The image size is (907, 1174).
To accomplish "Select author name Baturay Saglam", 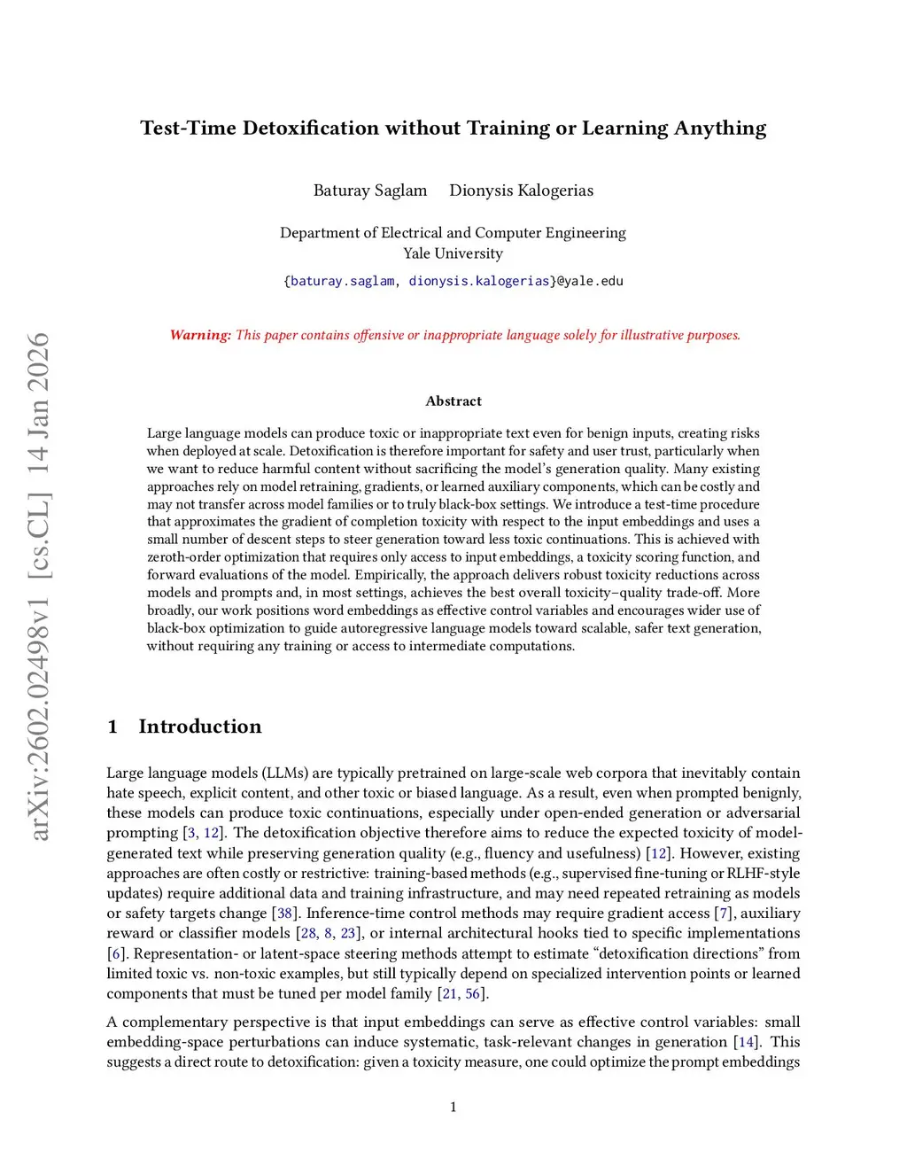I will (370, 190).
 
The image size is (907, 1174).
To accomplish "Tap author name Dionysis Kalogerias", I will (521, 190).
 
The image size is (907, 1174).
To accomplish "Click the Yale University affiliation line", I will (453, 253).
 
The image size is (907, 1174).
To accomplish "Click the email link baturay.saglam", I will (342, 281).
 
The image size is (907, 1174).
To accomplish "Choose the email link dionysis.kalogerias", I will (479, 281).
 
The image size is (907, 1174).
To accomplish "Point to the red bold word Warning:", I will (200, 335).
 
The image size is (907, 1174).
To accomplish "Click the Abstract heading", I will (453, 401).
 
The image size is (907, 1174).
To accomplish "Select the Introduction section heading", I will (200, 727).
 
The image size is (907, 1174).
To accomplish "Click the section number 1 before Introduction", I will (112, 727).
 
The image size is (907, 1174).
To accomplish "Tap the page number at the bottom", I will (453, 1107).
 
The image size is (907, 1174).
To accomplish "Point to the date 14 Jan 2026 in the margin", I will (39, 403).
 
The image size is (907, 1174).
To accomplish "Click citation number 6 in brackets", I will (116, 954).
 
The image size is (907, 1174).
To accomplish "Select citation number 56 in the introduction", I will (473, 994).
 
